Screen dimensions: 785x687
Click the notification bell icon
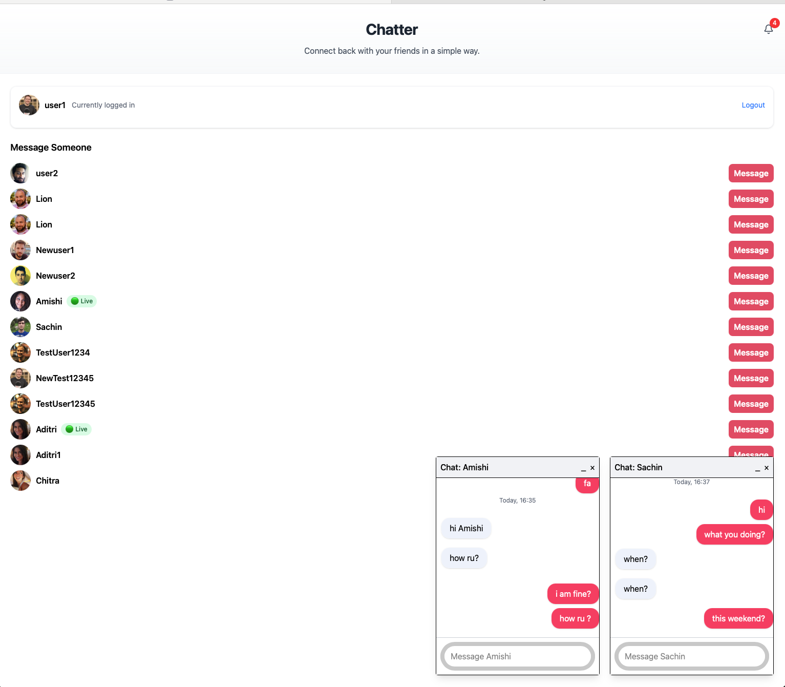(768, 29)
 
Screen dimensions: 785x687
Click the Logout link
(753, 105)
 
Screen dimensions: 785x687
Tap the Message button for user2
(751, 174)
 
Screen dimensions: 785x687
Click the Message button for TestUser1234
(751, 352)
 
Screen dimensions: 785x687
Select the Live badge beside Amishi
(82, 301)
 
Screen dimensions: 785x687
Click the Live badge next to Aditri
(76, 429)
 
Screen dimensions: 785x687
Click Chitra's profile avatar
(20, 481)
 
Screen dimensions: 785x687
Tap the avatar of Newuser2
(20, 276)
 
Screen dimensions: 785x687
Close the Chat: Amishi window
(592, 468)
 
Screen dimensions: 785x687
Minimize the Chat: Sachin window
(757, 469)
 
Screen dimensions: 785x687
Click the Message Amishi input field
(518, 656)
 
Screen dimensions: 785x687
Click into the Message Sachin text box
(691, 656)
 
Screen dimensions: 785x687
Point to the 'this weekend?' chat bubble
(738, 618)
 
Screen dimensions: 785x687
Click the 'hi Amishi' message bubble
(466, 528)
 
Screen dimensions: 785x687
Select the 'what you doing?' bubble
(734, 534)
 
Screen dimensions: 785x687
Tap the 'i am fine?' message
(573, 594)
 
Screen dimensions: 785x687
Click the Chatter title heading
(392, 30)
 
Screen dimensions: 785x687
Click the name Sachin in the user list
(49, 327)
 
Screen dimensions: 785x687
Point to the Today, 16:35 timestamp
(517, 501)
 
